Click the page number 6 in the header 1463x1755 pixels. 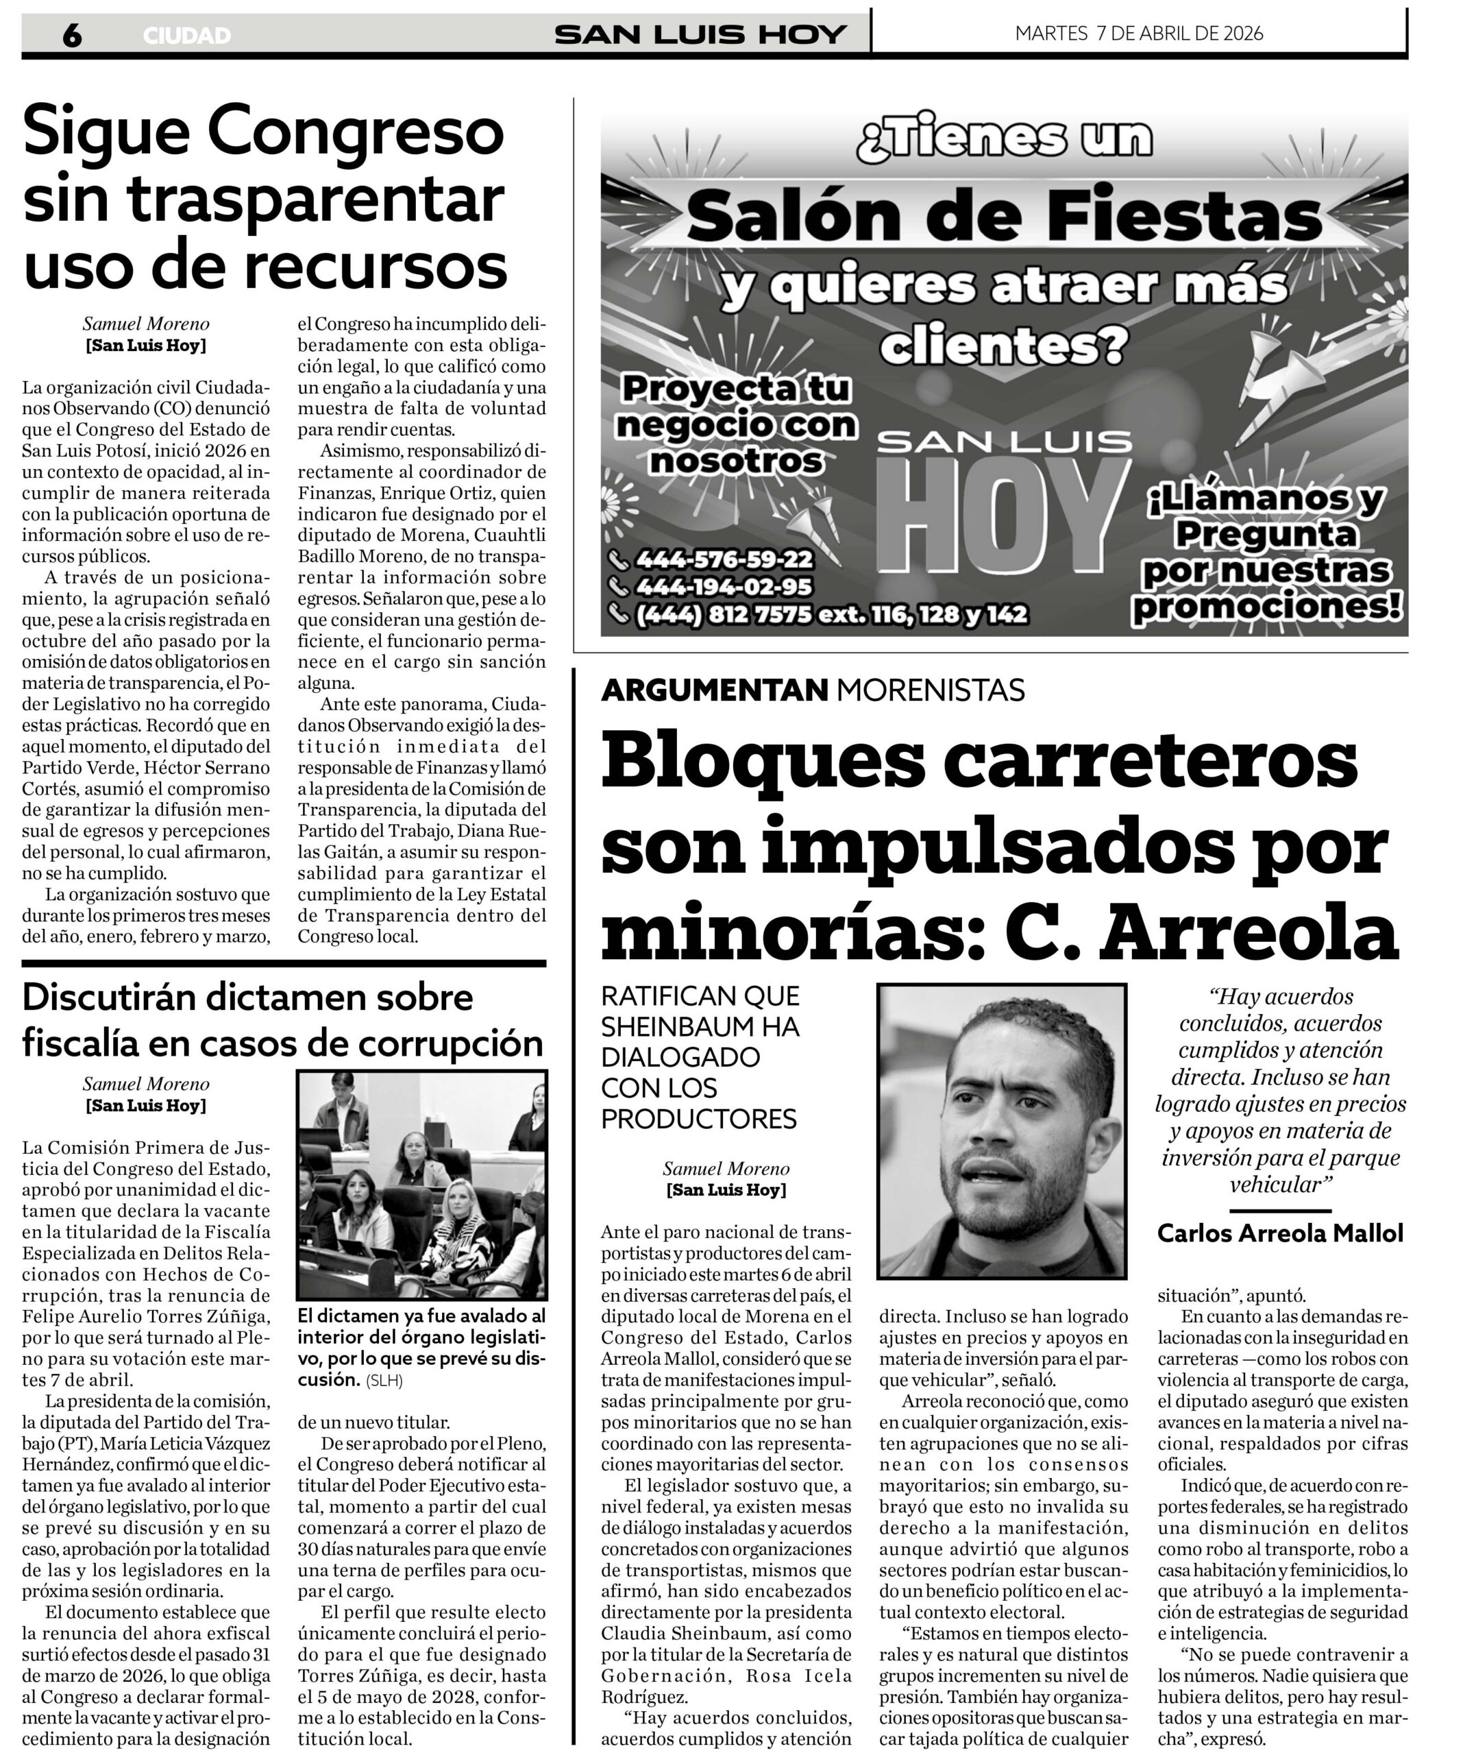tap(72, 35)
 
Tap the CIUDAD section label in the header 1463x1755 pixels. tap(186, 36)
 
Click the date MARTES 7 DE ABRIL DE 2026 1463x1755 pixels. tap(1138, 34)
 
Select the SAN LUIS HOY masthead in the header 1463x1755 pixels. tap(700, 34)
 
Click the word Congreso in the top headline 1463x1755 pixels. tap(355, 131)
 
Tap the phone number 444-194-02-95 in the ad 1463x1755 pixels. tap(724, 587)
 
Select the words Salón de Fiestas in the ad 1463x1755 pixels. tap(1003, 216)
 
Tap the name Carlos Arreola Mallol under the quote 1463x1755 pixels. tap(1280, 1233)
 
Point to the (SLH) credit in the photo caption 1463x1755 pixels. tap(384, 1381)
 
